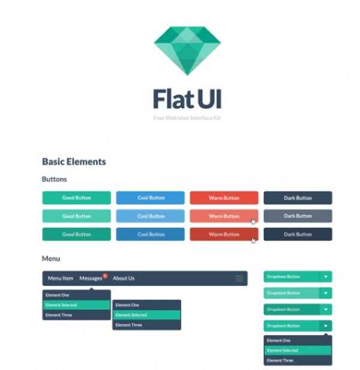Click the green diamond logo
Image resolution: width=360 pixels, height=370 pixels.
[x=187, y=50]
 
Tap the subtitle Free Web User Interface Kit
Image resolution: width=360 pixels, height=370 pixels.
[x=187, y=118]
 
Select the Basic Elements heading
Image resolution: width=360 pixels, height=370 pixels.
[x=74, y=162]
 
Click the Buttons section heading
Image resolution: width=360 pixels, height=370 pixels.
[x=54, y=179]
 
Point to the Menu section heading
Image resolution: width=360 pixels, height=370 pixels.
[x=51, y=258]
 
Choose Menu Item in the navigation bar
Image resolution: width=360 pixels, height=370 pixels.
[x=61, y=278]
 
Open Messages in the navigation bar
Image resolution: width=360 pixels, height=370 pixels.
[x=91, y=278]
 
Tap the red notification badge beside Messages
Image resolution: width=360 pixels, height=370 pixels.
[x=105, y=276]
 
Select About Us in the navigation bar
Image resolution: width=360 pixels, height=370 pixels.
[x=124, y=278]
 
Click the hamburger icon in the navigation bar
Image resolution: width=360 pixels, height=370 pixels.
[x=239, y=279]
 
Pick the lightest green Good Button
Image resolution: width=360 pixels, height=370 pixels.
[x=76, y=216]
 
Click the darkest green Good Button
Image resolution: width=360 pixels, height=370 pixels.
[x=76, y=234]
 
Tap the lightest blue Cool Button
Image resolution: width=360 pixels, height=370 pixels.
[x=151, y=216]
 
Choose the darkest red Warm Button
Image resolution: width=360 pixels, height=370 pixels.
[x=224, y=234]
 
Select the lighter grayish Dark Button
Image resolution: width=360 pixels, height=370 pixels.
[x=298, y=216]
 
